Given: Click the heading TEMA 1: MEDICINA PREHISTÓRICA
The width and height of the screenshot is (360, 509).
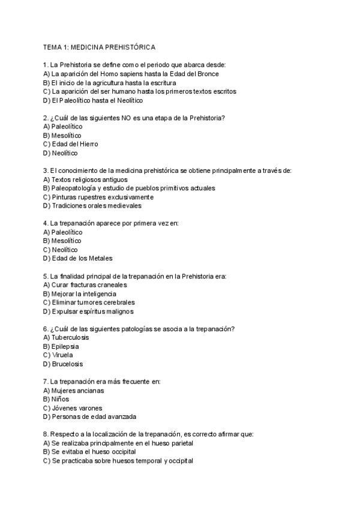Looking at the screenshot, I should tap(99, 47).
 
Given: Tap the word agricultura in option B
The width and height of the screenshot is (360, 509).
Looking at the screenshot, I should tap(112, 83).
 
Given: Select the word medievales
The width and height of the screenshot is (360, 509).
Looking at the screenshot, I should tap(123, 205).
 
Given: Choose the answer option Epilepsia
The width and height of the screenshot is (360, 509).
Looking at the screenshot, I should tap(65, 346).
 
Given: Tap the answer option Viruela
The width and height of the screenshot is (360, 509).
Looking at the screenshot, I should tap(62, 355).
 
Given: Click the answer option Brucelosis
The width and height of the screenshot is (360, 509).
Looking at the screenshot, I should tap(67, 364).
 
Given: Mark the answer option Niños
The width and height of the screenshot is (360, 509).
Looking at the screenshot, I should tap(60, 399).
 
